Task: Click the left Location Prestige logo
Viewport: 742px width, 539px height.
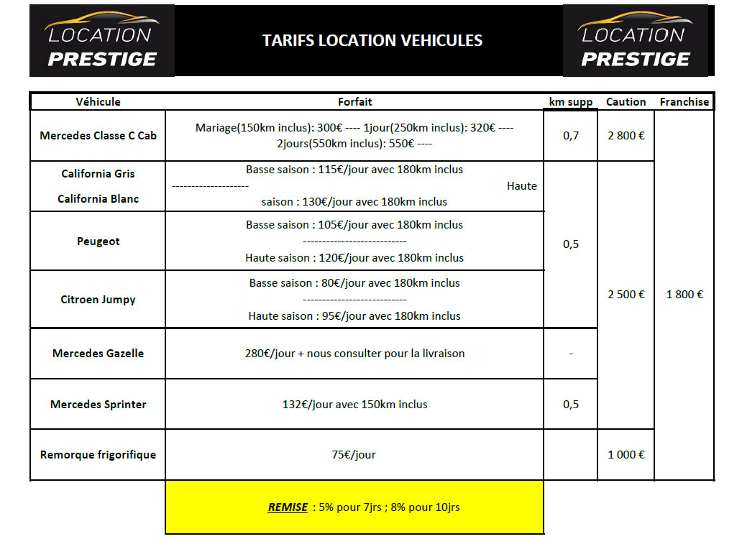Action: [101, 41]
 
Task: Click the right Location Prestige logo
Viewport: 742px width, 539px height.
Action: [635, 41]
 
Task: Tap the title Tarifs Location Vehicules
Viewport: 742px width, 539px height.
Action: [372, 40]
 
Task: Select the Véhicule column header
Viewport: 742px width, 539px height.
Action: [98, 102]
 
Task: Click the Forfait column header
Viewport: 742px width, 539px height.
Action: [354, 102]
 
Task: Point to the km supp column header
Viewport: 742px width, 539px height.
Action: [570, 102]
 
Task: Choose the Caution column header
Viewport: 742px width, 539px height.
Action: [626, 102]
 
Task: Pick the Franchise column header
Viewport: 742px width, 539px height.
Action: [684, 102]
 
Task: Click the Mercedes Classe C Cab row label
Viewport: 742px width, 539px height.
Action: [98, 136]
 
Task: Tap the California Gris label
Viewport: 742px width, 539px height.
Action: [98, 174]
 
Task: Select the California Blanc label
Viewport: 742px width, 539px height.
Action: [98, 199]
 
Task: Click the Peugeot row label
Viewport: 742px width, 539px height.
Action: [98, 241]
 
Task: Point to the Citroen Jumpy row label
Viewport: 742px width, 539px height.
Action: [98, 300]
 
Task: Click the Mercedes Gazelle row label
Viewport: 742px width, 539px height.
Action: [98, 354]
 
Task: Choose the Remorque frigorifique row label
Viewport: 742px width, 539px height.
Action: [98, 455]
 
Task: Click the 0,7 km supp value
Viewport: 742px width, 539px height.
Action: [570, 136]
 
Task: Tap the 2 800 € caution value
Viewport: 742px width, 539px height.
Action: [626, 136]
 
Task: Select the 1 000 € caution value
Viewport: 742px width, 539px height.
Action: [626, 455]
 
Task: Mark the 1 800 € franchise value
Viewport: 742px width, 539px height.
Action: [684, 294]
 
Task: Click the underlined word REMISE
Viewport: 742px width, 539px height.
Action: [288, 507]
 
